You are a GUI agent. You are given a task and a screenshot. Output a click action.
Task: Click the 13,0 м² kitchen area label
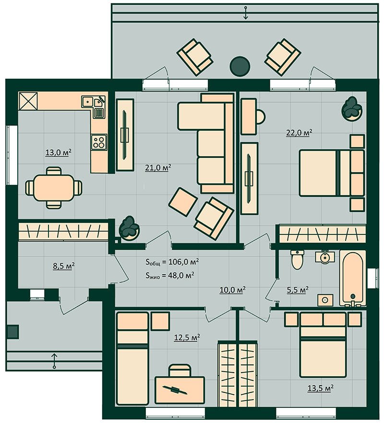click(59, 152)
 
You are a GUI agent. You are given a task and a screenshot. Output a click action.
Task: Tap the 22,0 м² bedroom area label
click(299, 133)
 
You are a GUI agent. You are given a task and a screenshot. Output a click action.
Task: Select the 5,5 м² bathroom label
click(298, 290)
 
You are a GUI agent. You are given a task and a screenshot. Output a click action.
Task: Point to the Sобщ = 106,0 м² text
click(172, 262)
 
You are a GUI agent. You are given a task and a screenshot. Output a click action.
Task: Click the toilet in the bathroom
click(298, 259)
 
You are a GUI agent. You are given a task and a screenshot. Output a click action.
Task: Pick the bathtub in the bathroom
click(352, 278)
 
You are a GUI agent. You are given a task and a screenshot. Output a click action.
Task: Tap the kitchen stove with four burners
click(98, 142)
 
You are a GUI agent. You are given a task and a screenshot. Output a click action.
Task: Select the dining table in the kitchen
click(54, 188)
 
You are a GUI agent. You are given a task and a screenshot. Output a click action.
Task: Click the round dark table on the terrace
click(240, 66)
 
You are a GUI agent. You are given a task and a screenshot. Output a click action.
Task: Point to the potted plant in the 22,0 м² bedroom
click(352, 109)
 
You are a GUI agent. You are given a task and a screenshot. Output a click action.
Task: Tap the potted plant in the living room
click(129, 228)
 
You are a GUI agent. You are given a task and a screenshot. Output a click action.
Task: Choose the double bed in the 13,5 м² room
click(323, 345)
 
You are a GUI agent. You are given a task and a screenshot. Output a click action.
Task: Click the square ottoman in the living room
click(183, 202)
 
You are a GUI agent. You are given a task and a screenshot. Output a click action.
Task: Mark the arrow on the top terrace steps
click(246, 12)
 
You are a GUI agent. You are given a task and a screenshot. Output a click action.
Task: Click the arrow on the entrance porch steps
click(54, 361)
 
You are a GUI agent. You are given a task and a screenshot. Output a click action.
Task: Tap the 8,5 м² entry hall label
click(64, 266)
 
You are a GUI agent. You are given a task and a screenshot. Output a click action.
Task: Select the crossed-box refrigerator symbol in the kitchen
click(28, 101)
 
